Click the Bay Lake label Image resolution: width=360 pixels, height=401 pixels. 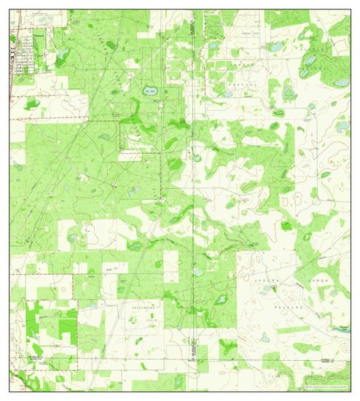point(150,91)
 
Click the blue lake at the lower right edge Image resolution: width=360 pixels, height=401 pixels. point(340,329)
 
